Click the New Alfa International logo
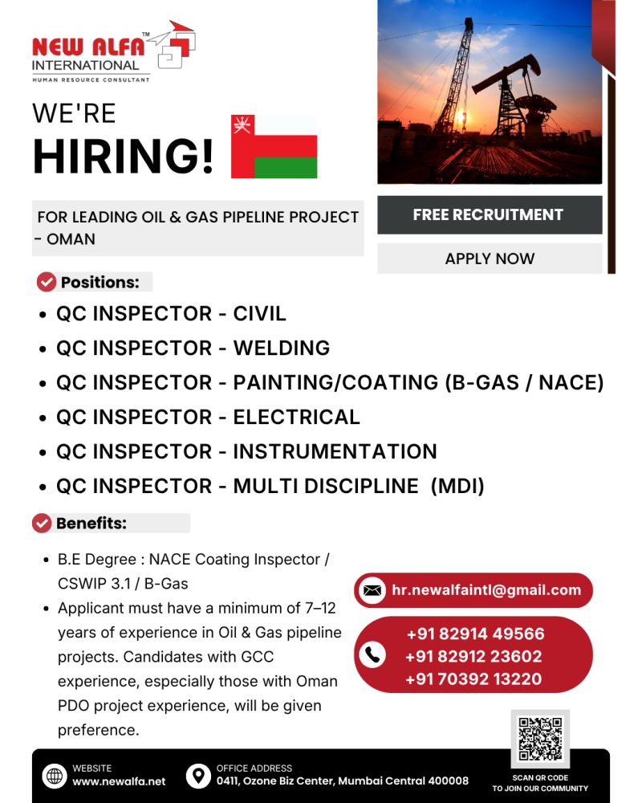[113, 52]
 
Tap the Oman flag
[274, 146]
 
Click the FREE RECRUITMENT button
[489, 214]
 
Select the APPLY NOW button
[489, 259]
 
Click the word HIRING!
[123, 157]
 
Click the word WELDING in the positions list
[281, 348]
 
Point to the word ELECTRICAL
[296, 417]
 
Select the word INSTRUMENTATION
[335, 451]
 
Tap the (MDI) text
[457, 486]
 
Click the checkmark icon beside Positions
[47, 282]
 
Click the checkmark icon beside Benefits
[42, 524]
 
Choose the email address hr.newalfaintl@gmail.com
[486, 590]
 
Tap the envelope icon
[372, 590]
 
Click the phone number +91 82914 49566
[474, 634]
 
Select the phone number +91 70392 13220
[473, 679]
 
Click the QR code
[540, 738]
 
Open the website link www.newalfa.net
[119, 781]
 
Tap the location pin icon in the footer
[197, 776]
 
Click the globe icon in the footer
[55, 776]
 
